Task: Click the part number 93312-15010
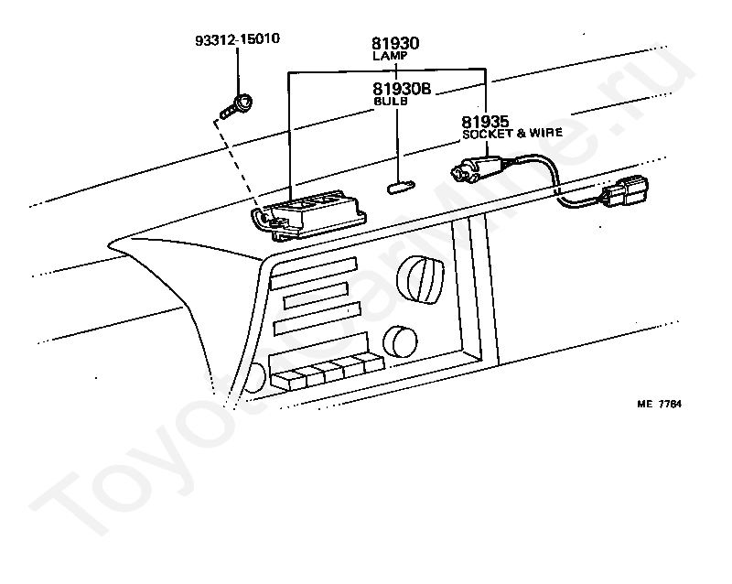coord(237,40)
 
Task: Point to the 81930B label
coord(402,89)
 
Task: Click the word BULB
coord(391,102)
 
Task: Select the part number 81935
coord(485,121)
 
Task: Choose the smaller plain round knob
coord(399,341)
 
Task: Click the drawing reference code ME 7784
coord(661,404)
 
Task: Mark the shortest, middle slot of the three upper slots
coord(316,296)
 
